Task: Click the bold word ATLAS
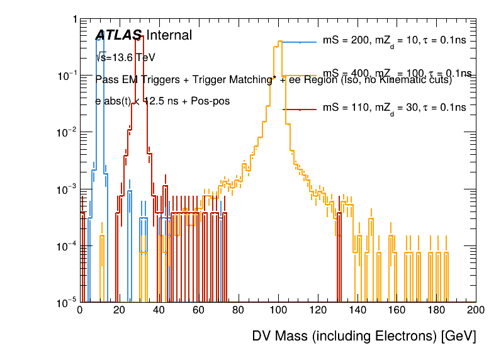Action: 118,36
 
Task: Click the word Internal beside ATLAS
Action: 169,36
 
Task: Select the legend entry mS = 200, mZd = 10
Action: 394,41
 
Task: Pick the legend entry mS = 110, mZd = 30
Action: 394,108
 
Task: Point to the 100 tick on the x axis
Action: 278,310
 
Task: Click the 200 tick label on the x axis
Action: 476,310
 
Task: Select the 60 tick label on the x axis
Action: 198,310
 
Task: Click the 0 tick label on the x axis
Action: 80,310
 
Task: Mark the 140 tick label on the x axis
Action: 357,310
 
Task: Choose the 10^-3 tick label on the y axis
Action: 64,189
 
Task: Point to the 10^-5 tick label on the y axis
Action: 64,303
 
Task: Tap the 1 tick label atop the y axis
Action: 74,20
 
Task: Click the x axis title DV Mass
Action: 364,336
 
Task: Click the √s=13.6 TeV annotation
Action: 125,57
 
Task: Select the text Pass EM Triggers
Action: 133,79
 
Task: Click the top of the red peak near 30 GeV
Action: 141,36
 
